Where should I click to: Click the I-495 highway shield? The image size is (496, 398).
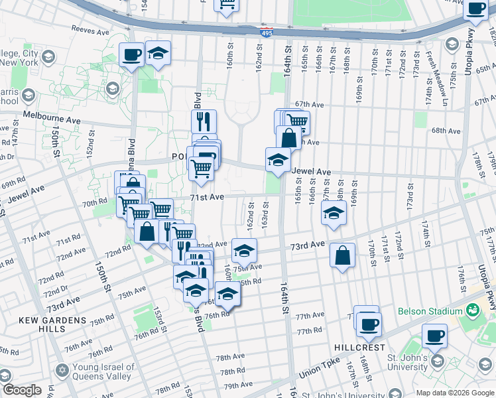265,32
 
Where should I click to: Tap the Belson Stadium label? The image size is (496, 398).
429,310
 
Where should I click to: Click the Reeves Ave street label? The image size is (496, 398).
90,31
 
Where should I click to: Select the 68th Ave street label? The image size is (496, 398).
446,131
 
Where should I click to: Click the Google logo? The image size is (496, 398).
22,390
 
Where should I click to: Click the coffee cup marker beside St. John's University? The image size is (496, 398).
435,336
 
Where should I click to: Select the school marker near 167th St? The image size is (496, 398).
334,214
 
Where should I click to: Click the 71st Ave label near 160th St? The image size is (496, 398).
207,197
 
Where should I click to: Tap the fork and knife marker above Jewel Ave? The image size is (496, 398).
204,121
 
